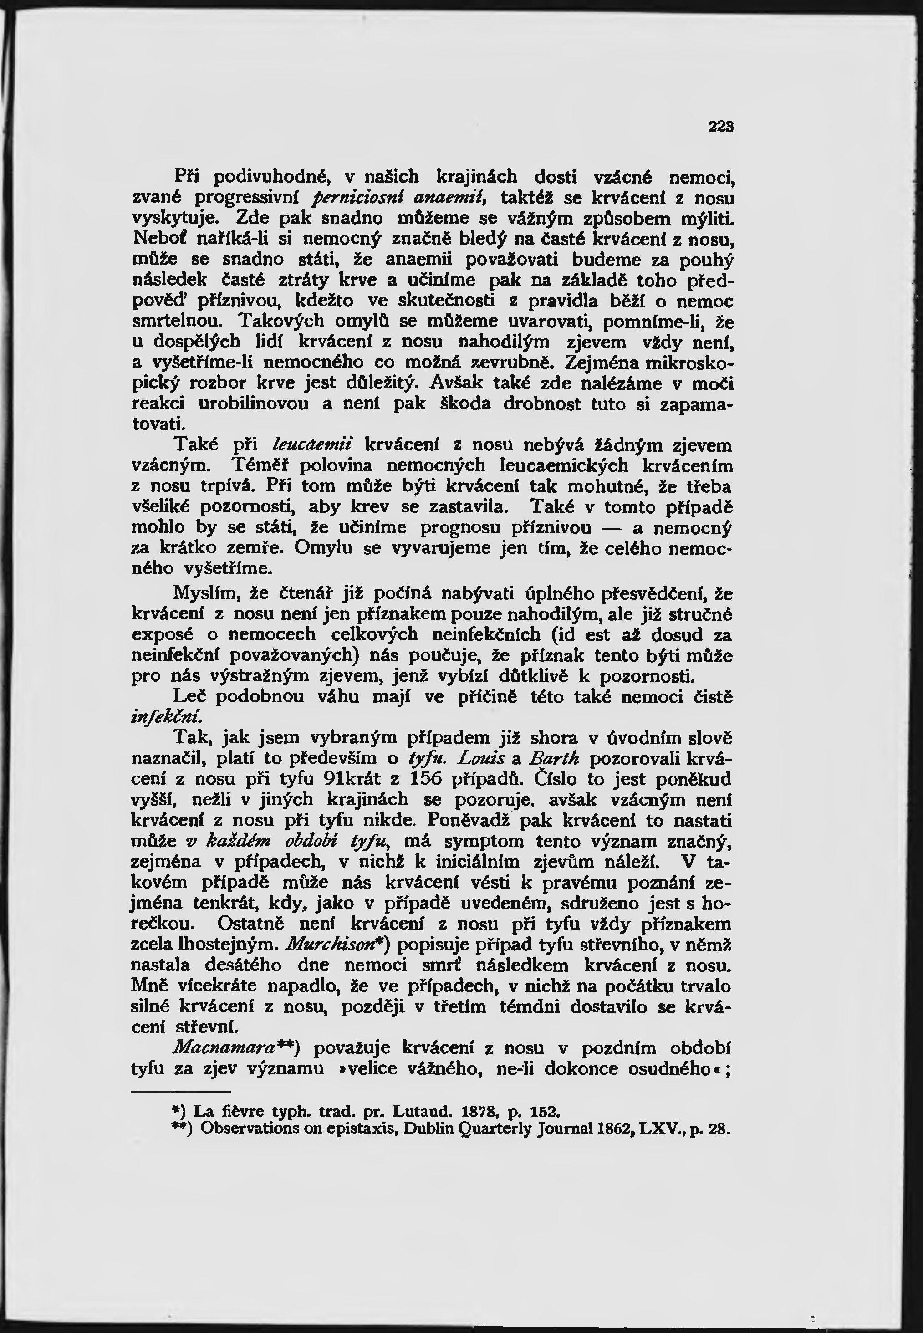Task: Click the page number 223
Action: coord(720,127)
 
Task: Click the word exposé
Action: coord(163,634)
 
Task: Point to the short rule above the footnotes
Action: coord(181,1091)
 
